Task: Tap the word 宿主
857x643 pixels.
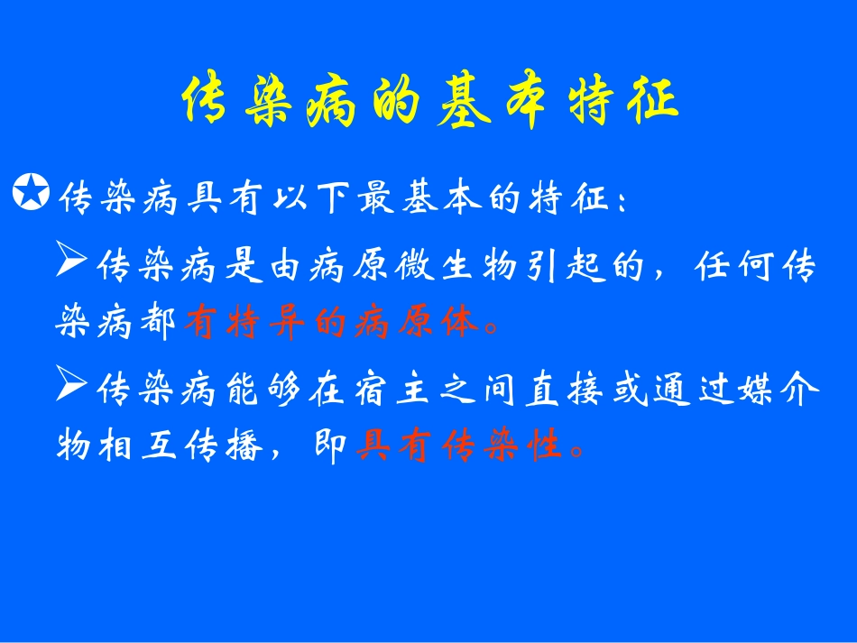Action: tap(373, 391)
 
